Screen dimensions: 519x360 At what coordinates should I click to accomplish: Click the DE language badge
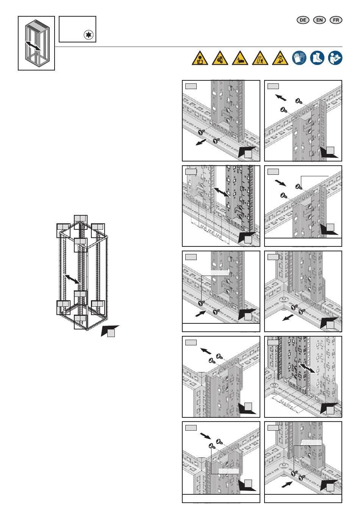click(303, 20)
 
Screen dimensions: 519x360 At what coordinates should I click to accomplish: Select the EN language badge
click(319, 20)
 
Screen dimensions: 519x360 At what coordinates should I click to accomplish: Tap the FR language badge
click(336, 20)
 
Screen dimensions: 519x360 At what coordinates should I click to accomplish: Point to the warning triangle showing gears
click(220, 58)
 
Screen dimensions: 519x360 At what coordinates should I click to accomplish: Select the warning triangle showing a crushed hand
click(240, 58)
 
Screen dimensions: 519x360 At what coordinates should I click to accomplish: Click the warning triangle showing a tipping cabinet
click(260, 58)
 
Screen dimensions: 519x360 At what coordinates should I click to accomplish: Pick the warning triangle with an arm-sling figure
click(200, 58)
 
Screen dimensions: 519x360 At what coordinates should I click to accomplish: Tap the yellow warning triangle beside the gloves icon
click(280, 58)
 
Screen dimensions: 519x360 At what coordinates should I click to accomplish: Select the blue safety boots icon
click(317, 58)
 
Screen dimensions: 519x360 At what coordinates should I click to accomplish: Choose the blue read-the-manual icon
click(335, 58)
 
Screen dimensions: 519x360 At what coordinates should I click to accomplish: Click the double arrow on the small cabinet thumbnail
click(33, 46)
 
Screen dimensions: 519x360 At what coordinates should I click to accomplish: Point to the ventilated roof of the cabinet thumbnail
click(38, 26)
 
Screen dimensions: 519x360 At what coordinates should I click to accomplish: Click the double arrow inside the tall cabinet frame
click(72, 279)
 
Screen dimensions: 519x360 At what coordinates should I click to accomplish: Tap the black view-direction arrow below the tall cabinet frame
click(110, 330)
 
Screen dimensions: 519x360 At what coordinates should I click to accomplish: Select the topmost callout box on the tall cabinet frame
click(80, 219)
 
